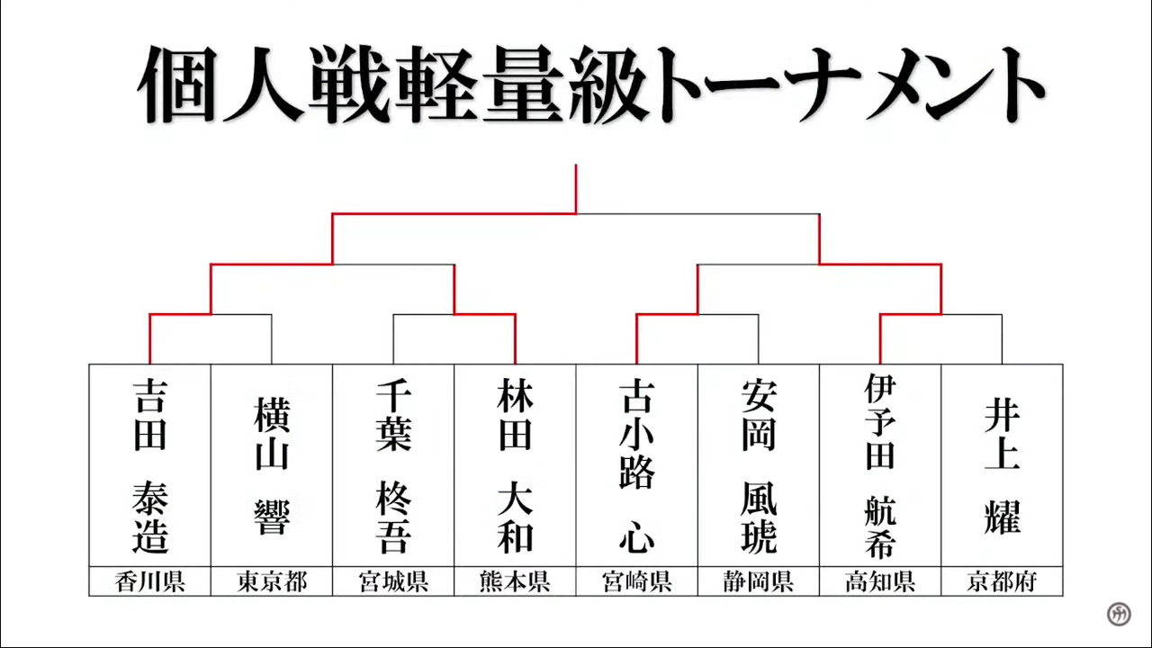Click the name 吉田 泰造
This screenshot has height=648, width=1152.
149,466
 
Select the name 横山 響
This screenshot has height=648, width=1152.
272,466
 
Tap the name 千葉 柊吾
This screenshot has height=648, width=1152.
393,466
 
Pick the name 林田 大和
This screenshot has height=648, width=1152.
515,466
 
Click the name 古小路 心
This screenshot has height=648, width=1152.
636,466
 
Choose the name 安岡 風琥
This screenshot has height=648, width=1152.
759,466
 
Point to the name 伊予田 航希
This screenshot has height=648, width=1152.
880,466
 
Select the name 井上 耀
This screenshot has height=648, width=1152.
1002,466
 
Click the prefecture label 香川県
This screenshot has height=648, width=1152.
149,581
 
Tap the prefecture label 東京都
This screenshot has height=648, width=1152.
272,581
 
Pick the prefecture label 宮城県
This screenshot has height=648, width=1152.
393,581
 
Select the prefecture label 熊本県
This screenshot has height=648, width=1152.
515,581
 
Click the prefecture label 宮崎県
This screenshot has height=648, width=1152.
636,581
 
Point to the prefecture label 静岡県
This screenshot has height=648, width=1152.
759,581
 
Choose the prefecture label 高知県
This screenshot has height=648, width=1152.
880,581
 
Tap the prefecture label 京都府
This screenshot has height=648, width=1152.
1002,581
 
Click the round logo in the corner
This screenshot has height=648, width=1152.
1119,614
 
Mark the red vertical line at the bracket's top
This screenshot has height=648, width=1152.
576,189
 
